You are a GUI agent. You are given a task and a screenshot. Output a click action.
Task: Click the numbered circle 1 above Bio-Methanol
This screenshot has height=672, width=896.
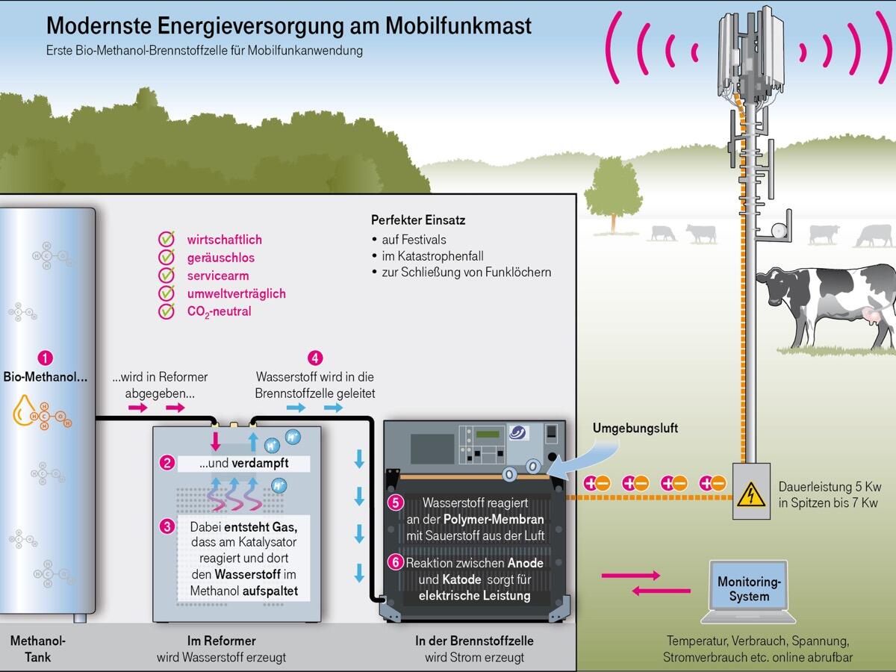46,358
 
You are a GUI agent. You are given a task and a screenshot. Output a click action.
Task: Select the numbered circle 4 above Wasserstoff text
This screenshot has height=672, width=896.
316,358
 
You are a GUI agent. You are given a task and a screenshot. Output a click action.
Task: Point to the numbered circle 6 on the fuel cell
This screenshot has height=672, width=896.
396,562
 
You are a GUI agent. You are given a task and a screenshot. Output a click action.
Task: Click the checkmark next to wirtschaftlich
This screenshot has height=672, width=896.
167,240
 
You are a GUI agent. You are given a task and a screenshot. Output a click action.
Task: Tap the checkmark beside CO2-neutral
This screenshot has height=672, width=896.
167,311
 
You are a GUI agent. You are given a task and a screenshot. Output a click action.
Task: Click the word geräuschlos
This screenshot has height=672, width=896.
221,258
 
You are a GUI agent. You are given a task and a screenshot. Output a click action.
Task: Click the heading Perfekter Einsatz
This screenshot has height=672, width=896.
418,220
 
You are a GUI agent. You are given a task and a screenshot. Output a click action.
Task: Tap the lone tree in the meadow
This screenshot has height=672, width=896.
613,190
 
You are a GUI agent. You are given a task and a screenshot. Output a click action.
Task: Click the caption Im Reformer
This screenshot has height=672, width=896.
221,641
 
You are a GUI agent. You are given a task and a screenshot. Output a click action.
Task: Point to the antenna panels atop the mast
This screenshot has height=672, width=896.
751,49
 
